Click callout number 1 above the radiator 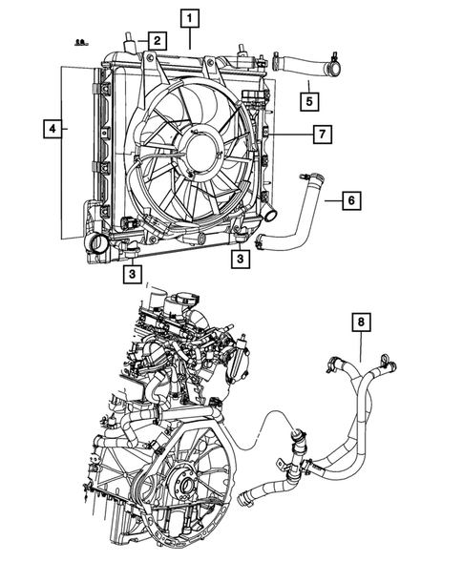pos(191,17)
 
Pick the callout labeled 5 pos(309,97)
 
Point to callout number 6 pos(350,200)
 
